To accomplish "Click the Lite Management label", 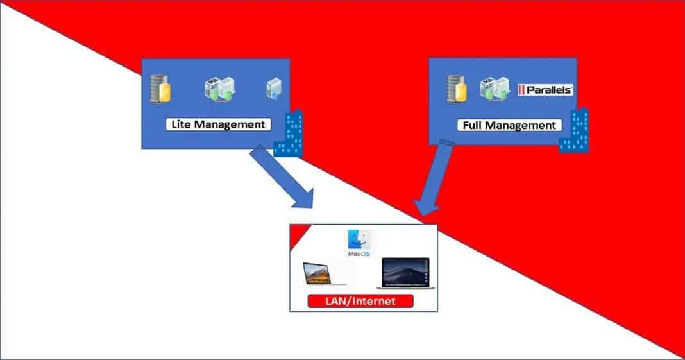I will click(217, 124).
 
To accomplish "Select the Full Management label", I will click(509, 124).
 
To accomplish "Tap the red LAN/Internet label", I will click(360, 300).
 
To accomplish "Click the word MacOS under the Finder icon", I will click(359, 253).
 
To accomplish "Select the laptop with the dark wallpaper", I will click(403, 274).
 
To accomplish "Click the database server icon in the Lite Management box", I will click(160, 89).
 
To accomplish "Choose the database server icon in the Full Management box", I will click(456, 89).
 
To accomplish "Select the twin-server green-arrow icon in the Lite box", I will click(219, 90).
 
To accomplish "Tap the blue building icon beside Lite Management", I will click(290, 134).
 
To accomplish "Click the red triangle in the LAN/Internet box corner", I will click(297, 232).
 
